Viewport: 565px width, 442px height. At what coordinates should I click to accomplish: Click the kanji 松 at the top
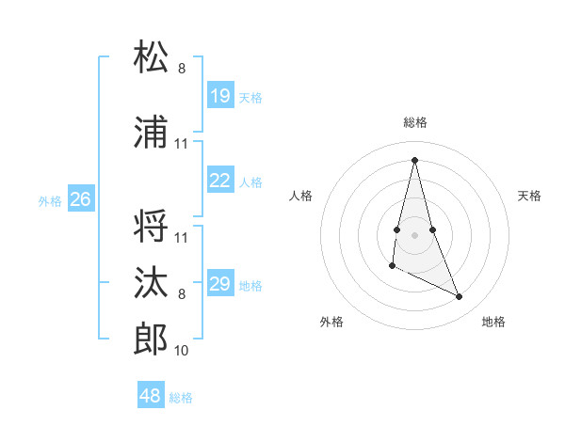click(152, 57)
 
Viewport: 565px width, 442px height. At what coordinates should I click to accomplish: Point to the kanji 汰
click(152, 282)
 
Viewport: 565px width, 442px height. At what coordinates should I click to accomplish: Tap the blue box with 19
click(220, 96)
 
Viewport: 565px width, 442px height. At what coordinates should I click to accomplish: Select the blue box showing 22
click(220, 181)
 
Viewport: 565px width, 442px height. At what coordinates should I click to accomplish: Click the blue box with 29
click(220, 284)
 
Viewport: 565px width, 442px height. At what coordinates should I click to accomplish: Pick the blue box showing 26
click(81, 199)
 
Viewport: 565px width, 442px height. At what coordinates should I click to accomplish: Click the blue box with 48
click(151, 396)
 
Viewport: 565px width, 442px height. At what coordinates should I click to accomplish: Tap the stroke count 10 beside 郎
click(182, 351)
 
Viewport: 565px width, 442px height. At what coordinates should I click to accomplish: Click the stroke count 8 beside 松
click(182, 69)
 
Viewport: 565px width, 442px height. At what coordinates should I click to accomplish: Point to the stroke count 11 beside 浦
click(182, 144)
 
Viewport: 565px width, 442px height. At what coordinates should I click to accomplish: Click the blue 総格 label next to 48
click(181, 398)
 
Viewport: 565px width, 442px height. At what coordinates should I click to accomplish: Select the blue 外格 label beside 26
click(50, 201)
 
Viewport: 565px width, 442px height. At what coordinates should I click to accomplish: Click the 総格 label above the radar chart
click(415, 122)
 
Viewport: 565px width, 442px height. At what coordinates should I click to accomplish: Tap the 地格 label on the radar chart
click(493, 322)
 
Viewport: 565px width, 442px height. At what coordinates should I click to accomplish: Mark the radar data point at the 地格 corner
click(460, 297)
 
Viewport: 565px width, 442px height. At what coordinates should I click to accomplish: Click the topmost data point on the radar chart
click(415, 159)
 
